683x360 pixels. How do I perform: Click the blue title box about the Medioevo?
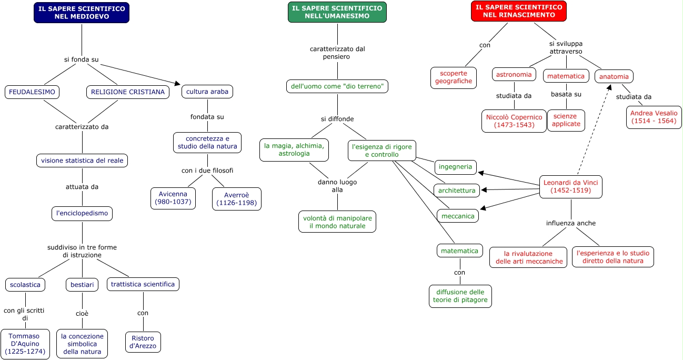coord(82,13)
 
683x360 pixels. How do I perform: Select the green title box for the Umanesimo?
coord(337,12)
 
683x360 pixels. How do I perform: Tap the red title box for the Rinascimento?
coord(518,11)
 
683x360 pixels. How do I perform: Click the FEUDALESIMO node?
coord(32,92)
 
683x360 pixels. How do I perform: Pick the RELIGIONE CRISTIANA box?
coord(127,92)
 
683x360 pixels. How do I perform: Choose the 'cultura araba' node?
coord(207,92)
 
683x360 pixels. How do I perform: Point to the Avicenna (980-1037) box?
coord(173,198)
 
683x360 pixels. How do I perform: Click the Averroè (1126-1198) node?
coord(236,199)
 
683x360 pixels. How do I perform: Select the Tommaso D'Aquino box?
coord(25,344)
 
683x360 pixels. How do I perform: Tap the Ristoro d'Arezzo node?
coord(143,342)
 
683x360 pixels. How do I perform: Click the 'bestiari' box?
coord(82,285)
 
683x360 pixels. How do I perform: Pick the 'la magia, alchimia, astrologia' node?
coord(294,150)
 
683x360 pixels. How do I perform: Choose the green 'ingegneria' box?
coord(456,167)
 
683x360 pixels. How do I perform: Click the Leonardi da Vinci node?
coord(571,187)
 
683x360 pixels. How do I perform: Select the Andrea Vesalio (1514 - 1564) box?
coord(654,117)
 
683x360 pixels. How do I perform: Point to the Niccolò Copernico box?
coord(514,121)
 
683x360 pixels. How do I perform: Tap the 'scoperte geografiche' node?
coord(454,77)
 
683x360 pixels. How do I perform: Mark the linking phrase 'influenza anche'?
coord(570,223)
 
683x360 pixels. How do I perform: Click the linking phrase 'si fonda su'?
coord(82,59)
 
